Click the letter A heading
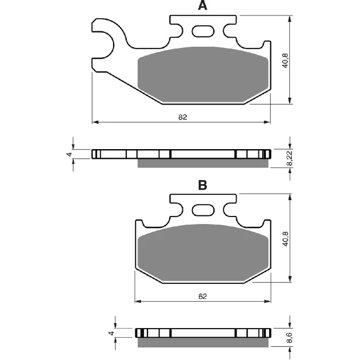pyautogui.click(x=202, y=5)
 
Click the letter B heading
pyautogui.click(x=202, y=185)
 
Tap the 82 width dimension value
pyautogui.click(x=183, y=117)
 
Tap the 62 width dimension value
pyautogui.click(x=202, y=297)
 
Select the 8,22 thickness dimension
pyautogui.click(x=290, y=158)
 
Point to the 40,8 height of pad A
pyautogui.click(x=285, y=61)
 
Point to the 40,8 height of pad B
pyautogui.click(x=285, y=239)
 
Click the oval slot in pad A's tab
pyautogui.click(x=203, y=31)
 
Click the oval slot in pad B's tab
pyautogui.click(x=203, y=210)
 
